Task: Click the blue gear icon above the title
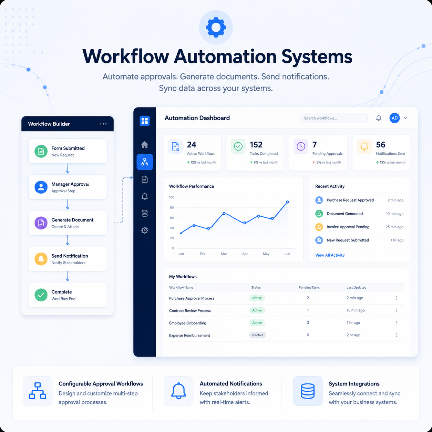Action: coord(216,27)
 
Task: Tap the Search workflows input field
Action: coord(333,118)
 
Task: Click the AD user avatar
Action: coord(394,118)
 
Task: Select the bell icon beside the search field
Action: coord(378,118)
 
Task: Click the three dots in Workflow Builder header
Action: coord(103,124)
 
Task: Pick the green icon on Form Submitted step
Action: coord(41,151)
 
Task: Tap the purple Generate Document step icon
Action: coord(41,223)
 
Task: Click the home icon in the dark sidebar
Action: coord(145,145)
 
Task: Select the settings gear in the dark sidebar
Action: coord(145,230)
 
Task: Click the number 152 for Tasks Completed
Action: coord(256,145)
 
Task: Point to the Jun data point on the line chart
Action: coord(287,202)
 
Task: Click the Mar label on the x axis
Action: coord(224,254)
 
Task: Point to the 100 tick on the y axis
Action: coord(172,197)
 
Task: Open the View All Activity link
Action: coord(330,255)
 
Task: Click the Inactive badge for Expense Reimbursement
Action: coord(257,335)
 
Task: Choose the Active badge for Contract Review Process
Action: coord(257,310)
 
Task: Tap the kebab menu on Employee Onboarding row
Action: coord(397,322)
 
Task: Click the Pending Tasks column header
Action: coord(309,287)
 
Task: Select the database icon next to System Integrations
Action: coord(308,391)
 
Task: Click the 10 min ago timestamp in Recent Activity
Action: coord(394,214)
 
